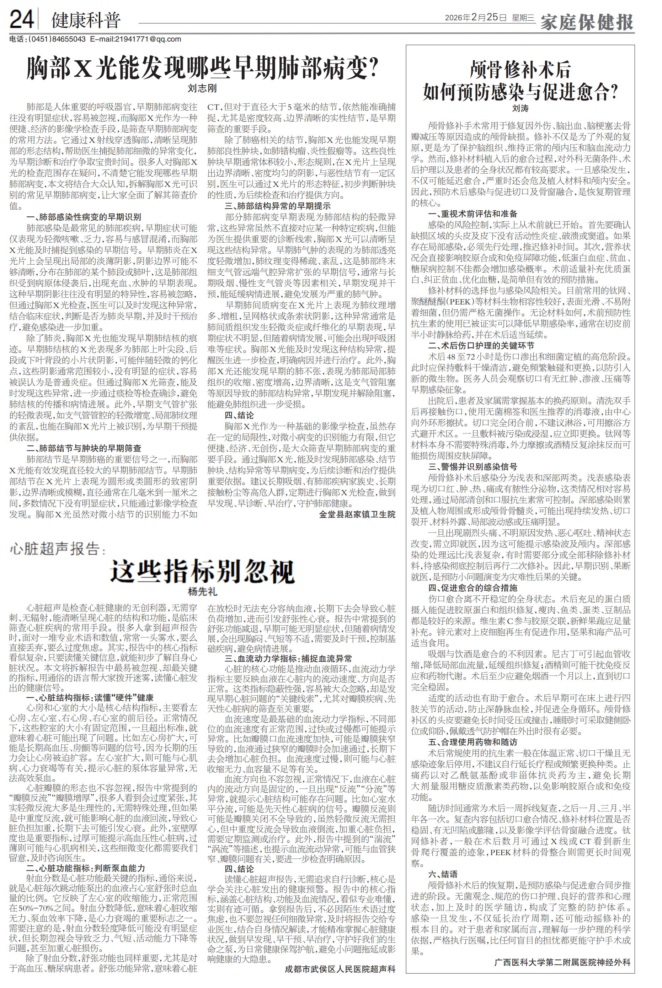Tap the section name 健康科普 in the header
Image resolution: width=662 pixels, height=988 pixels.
tap(86, 20)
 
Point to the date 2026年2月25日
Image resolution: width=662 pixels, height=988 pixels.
tap(475, 18)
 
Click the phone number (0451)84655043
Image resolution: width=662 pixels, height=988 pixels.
tap(57, 39)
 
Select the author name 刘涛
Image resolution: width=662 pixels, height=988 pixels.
tap(520, 108)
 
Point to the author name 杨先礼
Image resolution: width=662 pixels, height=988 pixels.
tap(202, 592)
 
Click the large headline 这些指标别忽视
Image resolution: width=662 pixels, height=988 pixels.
tap(202, 572)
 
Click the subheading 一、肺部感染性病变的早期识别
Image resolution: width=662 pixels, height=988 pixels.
tap(84, 217)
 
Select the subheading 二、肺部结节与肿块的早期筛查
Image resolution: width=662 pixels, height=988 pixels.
tap(84, 448)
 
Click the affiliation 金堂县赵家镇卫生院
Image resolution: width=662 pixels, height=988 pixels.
tap(357, 514)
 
